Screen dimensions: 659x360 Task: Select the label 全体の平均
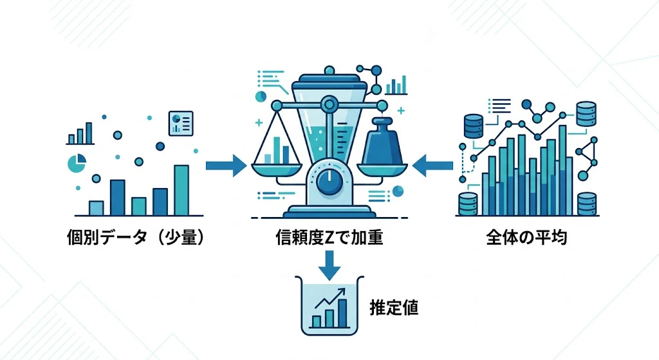[526, 238]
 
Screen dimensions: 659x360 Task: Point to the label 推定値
[394, 307]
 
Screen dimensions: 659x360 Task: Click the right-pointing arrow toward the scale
[226, 166]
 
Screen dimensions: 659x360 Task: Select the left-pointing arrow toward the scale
[433, 166]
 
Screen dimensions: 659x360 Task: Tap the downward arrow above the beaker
[329, 265]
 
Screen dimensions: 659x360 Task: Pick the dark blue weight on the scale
[382, 142]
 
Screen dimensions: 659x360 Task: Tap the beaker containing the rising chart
[329, 306]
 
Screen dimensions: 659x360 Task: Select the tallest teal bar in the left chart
[181, 190]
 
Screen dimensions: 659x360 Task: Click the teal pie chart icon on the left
[77, 164]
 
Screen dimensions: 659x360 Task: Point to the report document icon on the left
[181, 123]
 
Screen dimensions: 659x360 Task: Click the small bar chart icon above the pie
[80, 134]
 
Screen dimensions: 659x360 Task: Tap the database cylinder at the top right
[586, 113]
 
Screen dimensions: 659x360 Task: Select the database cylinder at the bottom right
[587, 204]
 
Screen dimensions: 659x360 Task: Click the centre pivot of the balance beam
[329, 103]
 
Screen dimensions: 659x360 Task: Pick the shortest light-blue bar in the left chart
[97, 208]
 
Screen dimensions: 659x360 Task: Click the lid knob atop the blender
[329, 70]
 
